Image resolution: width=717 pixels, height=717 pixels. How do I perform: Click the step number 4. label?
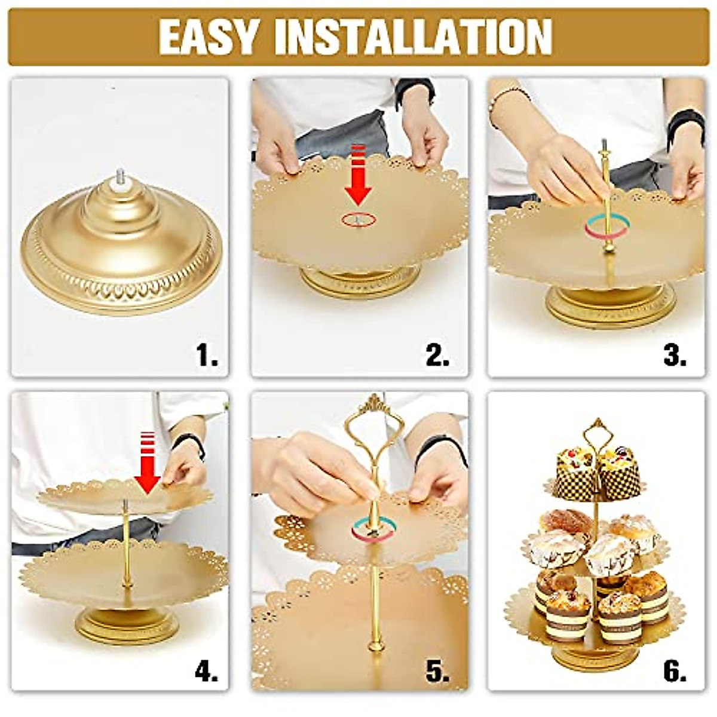206,673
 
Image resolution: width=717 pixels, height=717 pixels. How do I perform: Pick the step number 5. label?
437,673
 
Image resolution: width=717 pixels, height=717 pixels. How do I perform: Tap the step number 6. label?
674,673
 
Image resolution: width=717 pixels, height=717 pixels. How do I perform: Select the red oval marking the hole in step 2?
358,219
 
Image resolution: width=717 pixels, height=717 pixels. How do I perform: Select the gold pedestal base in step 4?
128,624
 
